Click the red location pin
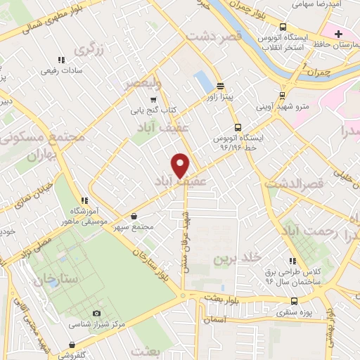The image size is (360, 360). click(x=181, y=165)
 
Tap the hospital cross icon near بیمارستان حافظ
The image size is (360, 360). click(x=339, y=33)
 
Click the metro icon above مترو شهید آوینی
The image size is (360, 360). click(x=283, y=96)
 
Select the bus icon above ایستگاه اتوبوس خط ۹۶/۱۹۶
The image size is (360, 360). click(x=238, y=128)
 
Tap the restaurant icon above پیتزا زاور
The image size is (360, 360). click(x=220, y=85)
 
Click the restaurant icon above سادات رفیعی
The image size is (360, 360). click(x=62, y=60)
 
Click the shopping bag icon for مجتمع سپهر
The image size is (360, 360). click(x=134, y=217)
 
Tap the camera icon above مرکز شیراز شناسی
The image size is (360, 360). click(x=97, y=314)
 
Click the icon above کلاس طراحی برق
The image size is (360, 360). click(x=292, y=262)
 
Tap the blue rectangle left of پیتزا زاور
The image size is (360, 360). click(x=202, y=81)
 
